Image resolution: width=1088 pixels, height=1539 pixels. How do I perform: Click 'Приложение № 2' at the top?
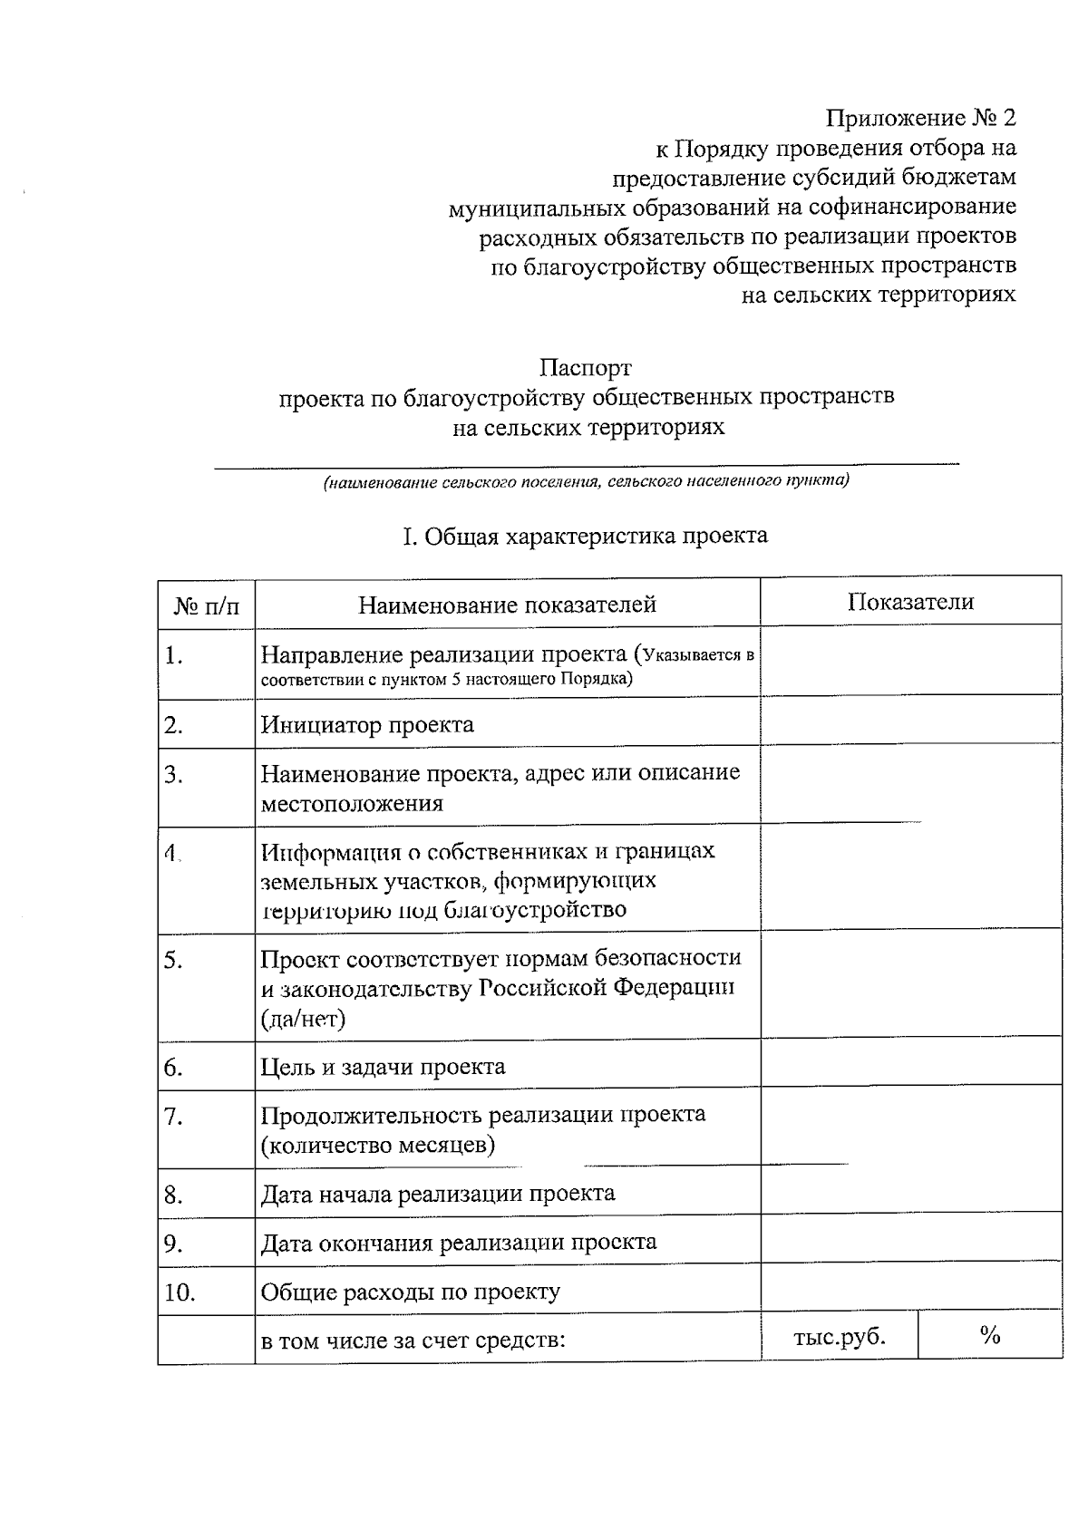point(920,118)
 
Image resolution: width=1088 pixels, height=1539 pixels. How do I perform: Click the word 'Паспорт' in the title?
point(586,368)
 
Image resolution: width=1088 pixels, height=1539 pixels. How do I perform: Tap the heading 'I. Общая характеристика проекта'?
point(585,536)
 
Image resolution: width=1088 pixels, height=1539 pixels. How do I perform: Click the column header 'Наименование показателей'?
point(507,605)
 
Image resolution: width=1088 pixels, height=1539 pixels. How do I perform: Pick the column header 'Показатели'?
point(910,602)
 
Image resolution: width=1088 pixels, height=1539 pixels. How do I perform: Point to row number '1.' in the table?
point(174,655)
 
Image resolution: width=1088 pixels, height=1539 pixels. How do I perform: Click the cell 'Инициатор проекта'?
point(367,725)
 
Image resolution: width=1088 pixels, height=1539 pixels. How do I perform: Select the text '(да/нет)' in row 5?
point(303,1019)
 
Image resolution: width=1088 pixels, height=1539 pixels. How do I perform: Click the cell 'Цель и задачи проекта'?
point(383,1067)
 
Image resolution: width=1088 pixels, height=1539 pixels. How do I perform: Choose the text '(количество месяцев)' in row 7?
point(378,1145)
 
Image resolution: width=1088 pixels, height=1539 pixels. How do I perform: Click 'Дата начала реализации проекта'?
point(438,1194)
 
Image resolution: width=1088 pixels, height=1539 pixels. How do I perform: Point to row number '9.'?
point(174,1244)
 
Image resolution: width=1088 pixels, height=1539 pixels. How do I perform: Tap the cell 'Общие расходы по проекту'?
point(411,1292)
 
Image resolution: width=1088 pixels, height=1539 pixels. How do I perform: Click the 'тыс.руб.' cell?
point(840,1336)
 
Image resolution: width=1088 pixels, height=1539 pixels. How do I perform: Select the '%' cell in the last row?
point(989,1334)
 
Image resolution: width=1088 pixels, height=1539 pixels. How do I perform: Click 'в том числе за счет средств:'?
point(413,1341)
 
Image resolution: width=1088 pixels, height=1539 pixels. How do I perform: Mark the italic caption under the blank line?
point(587,480)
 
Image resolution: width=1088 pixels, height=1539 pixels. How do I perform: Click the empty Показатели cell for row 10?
point(910,1285)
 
